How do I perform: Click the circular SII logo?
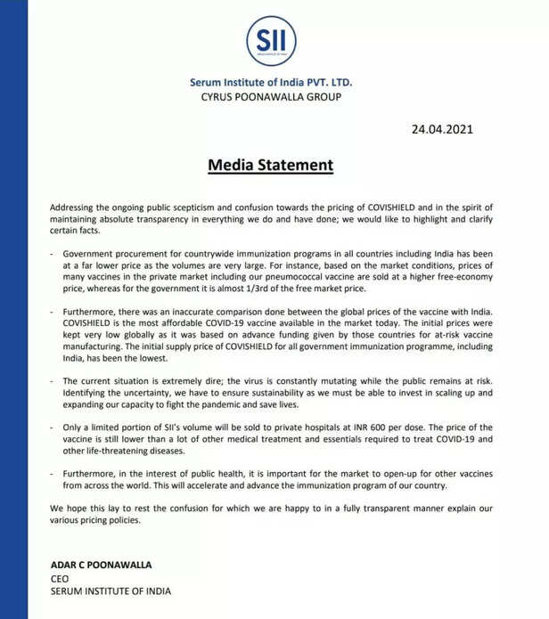[x=271, y=41]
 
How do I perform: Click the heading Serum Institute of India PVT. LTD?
[x=276, y=83]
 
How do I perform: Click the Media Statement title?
[x=270, y=166]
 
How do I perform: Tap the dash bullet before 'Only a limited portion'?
[x=52, y=428]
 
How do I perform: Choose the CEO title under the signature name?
[x=59, y=578]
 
